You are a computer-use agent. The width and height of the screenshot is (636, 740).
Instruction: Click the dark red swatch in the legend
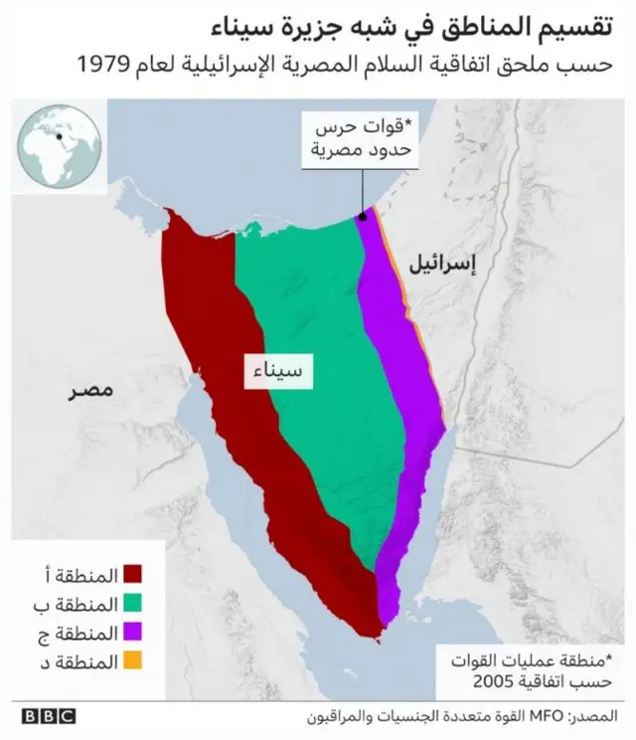(x=134, y=575)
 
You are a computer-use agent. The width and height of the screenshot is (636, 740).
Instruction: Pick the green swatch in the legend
(x=134, y=603)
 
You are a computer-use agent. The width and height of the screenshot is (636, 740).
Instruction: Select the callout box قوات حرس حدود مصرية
(x=363, y=140)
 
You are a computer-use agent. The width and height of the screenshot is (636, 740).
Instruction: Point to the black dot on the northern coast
(x=364, y=214)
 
